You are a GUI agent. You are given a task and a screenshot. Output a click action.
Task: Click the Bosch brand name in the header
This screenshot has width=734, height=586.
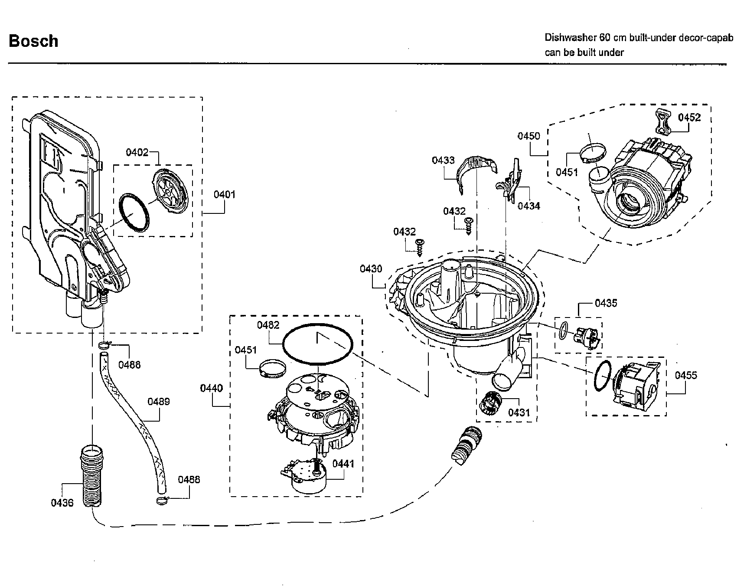click(33, 41)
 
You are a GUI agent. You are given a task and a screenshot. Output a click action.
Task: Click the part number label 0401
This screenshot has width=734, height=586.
click(225, 195)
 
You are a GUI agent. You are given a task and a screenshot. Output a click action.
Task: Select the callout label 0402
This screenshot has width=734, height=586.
click(137, 152)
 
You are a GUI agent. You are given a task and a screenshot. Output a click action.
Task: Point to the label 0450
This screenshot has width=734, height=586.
click(528, 136)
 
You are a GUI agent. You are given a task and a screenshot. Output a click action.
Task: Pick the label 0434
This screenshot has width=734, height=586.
click(529, 206)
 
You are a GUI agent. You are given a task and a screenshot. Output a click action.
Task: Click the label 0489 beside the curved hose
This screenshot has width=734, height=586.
click(159, 402)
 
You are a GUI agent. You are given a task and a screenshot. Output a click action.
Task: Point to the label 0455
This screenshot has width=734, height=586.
click(686, 376)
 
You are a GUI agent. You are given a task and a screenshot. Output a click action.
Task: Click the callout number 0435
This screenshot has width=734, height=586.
click(606, 303)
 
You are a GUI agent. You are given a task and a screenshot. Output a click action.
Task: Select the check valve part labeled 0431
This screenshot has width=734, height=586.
click(490, 403)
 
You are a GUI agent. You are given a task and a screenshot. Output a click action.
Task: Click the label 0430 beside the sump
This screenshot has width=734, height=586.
click(371, 269)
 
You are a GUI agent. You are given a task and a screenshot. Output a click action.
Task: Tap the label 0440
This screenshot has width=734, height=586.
click(212, 388)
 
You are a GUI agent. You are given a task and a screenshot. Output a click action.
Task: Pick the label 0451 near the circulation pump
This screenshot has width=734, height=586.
click(567, 172)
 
